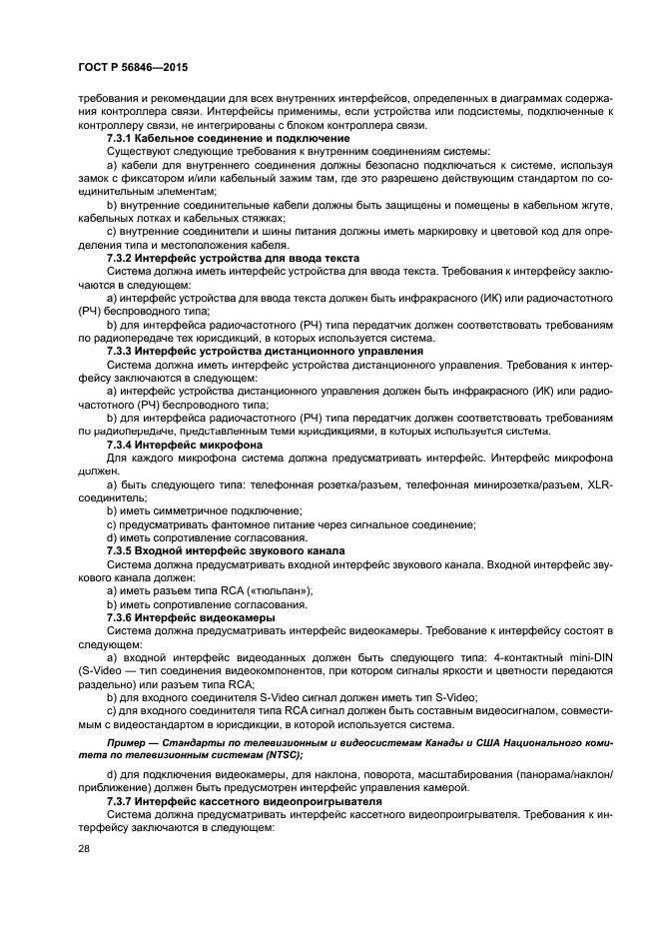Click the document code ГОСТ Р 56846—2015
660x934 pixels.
pos(133,66)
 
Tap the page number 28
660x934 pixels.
pos(84,848)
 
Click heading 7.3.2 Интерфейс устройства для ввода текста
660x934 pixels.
pos(233,258)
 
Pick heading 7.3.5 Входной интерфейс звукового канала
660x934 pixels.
pos(226,550)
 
